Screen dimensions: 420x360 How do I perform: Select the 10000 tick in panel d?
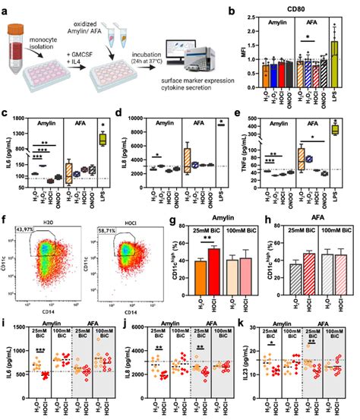[137, 119]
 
